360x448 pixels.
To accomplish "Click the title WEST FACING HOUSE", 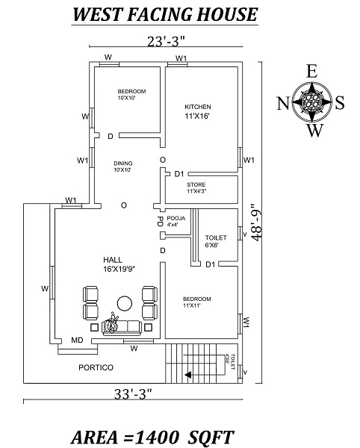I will [x=165, y=14].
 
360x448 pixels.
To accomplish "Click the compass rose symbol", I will [x=311, y=104].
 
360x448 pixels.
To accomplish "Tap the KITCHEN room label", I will [x=198, y=107].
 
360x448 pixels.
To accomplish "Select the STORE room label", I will [x=196, y=184].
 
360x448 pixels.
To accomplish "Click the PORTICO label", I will [x=96, y=368].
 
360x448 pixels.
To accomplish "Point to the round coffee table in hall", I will [x=123, y=302].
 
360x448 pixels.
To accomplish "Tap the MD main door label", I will [x=76, y=340].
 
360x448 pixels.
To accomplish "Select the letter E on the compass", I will [x=311, y=72].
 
